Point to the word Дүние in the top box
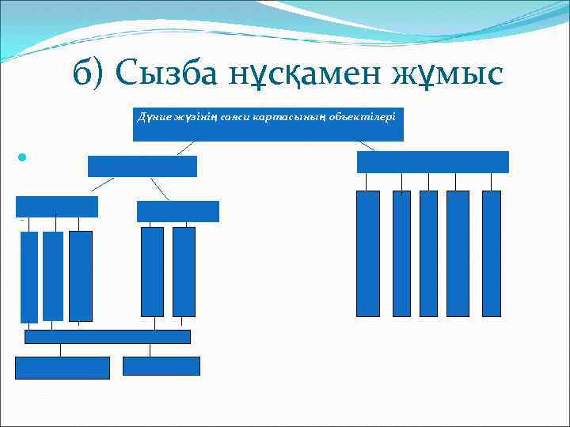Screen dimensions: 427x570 click(x=151, y=116)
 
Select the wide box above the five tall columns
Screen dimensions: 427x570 click(x=432, y=161)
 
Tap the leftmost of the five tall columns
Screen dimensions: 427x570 click(x=368, y=253)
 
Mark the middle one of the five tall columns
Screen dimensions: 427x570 click(x=428, y=253)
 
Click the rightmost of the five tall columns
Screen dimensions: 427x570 click(x=491, y=253)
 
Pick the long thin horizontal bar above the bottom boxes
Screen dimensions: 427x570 click(x=108, y=337)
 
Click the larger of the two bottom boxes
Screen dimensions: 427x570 click(x=63, y=368)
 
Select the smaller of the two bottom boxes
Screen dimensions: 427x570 click(x=161, y=366)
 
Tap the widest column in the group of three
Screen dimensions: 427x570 click(x=81, y=275)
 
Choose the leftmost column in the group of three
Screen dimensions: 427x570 click(x=29, y=277)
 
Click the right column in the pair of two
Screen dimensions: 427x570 click(x=184, y=271)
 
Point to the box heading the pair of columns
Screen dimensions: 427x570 click(x=177, y=211)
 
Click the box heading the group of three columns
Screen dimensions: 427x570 click(x=57, y=206)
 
